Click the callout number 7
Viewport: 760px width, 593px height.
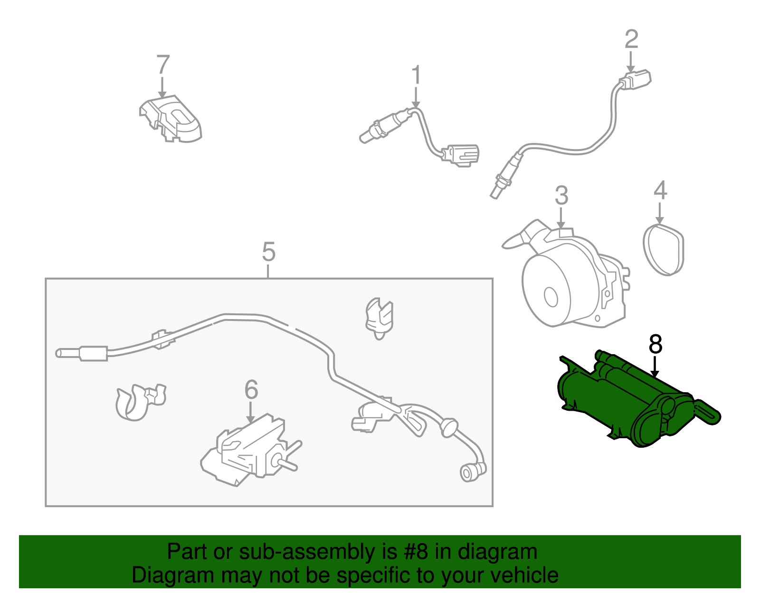click(x=163, y=66)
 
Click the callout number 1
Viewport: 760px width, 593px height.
click(x=416, y=76)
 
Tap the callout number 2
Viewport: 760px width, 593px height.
click(x=631, y=39)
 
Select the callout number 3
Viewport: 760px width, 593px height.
click(x=561, y=196)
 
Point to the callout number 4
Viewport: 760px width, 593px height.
click(x=660, y=190)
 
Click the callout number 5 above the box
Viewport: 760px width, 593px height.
click(x=268, y=252)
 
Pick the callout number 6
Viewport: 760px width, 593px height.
click(x=251, y=390)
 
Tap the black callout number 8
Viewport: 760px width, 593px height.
click(x=655, y=345)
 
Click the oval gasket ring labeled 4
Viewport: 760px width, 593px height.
click(x=664, y=250)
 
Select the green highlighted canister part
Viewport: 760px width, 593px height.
click(x=627, y=404)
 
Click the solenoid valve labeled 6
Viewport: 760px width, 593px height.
click(x=249, y=449)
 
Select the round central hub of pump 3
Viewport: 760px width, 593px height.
click(x=551, y=297)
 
